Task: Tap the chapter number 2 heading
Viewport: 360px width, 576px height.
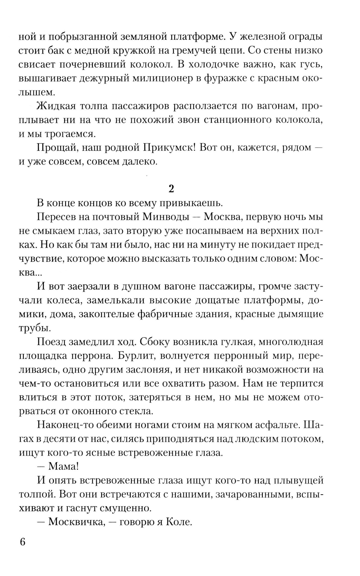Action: tap(171, 188)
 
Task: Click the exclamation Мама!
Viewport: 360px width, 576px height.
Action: tap(63, 466)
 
